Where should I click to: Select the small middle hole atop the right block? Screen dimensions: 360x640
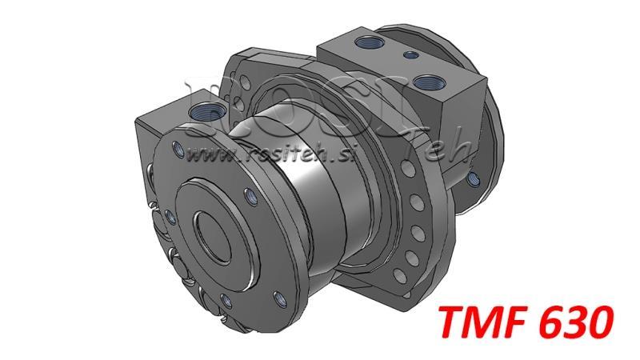410,55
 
